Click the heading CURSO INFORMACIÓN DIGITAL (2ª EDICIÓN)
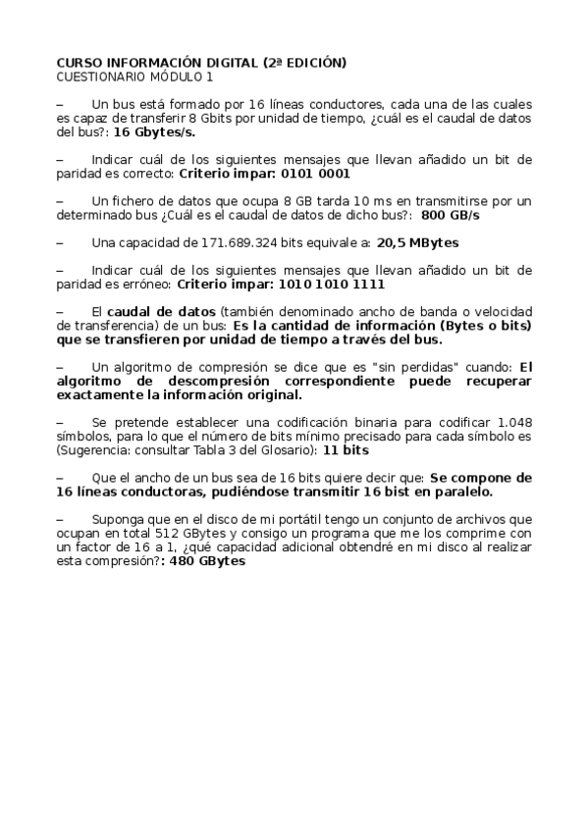click(x=200, y=62)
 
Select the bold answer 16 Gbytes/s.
click(x=153, y=130)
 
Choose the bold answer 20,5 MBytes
click(x=418, y=241)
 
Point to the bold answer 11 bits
click(x=346, y=449)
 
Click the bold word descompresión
click(x=255, y=381)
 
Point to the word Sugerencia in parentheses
click(x=90, y=449)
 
